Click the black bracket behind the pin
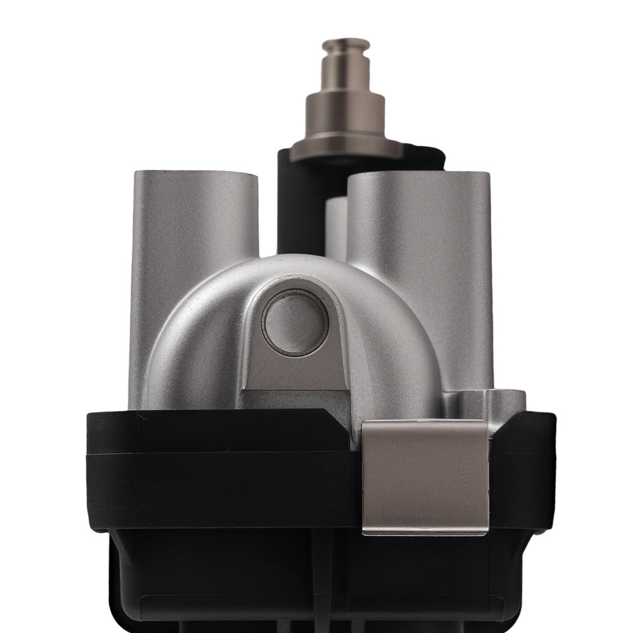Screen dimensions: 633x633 pyautogui.click(x=291, y=203)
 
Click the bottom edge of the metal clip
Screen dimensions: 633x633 pyautogui.click(x=425, y=532)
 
